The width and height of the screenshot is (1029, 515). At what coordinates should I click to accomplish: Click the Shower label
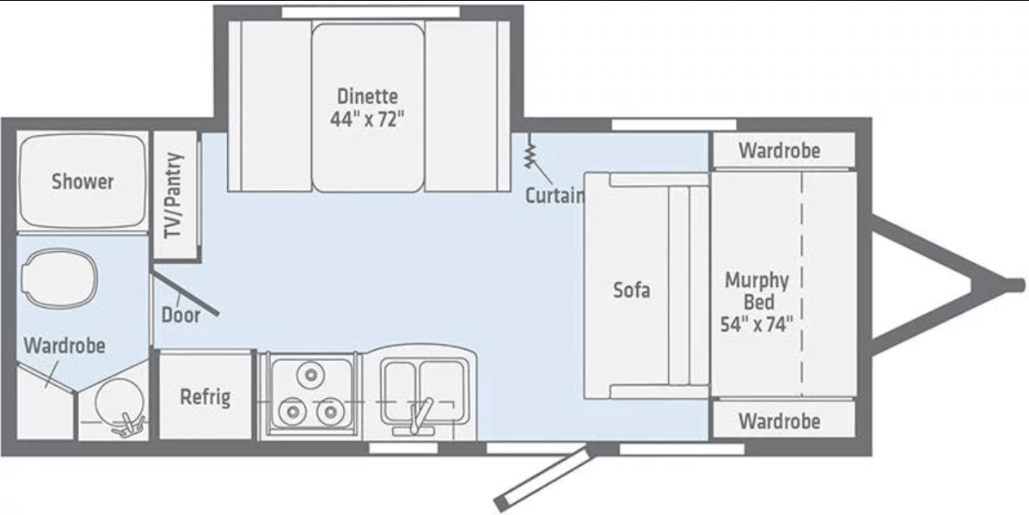(x=83, y=181)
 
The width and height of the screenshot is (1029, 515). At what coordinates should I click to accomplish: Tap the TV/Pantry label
(x=175, y=196)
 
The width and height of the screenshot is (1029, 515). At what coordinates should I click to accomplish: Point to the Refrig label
(x=205, y=397)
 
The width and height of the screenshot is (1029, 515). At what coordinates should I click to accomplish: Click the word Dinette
(x=367, y=95)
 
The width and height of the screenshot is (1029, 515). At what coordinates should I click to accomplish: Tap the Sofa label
(x=631, y=290)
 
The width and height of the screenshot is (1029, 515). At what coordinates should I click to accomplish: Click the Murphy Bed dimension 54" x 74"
(x=756, y=325)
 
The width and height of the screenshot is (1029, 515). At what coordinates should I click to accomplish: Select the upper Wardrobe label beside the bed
(x=779, y=151)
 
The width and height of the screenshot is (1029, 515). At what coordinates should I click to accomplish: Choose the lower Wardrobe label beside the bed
(x=779, y=422)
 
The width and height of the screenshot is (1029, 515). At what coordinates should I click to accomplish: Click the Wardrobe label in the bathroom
(x=64, y=346)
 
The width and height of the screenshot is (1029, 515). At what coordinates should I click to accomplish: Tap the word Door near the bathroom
(x=181, y=315)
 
